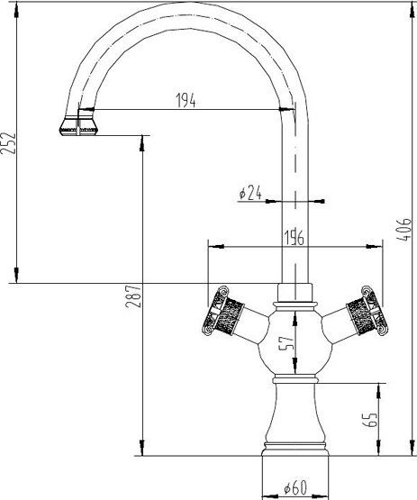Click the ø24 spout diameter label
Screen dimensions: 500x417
tap(249, 193)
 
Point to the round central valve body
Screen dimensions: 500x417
tap(295, 342)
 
